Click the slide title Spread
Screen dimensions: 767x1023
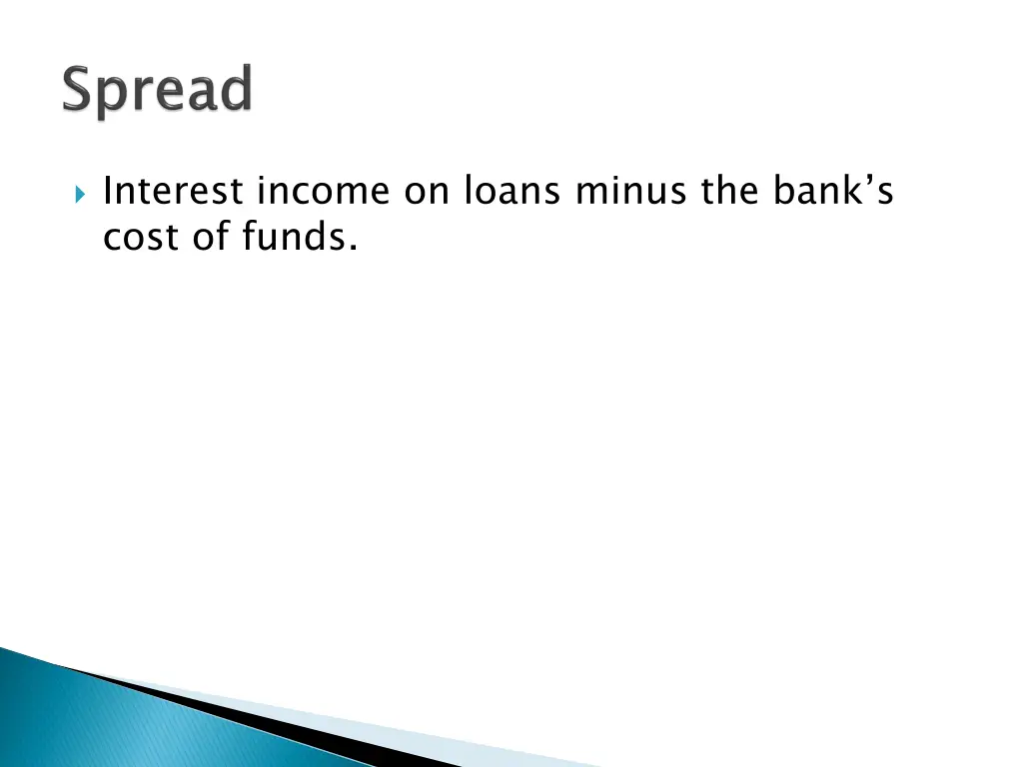158,92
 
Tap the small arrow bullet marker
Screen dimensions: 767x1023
81,192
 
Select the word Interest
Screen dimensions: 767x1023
175,191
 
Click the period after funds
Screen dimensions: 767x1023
353,250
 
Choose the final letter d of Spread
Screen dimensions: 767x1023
237,90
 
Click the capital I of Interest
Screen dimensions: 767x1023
109,191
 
